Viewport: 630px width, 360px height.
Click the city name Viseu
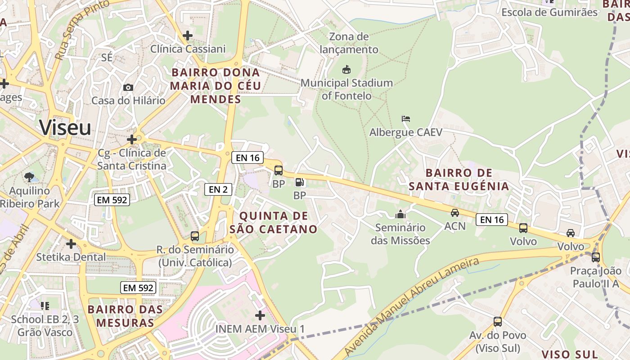click(x=65, y=128)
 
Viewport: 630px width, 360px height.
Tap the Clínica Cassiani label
click(x=188, y=49)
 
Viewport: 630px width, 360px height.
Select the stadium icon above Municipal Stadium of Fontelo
click(x=346, y=70)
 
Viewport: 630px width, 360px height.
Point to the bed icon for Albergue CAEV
click(x=406, y=119)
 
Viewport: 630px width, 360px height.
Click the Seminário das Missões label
click(x=400, y=234)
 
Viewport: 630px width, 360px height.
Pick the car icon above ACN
click(x=455, y=213)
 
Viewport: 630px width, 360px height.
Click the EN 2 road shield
click(x=218, y=189)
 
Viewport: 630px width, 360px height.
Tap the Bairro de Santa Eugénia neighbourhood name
click(x=459, y=180)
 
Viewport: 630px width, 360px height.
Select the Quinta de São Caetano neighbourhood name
click(x=274, y=222)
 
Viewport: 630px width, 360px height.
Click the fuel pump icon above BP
click(x=299, y=182)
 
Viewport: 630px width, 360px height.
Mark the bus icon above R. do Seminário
click(x=195, y=236)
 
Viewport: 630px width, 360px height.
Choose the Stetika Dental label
click(x=71, y=257)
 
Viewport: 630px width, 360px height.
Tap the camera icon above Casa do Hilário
click(x=128, y=87)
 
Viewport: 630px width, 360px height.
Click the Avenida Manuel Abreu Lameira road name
click(x=412, y=306)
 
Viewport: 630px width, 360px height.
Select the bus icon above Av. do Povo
click(x=498, y=322)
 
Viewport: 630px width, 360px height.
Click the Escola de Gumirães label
click(x=549, y=12)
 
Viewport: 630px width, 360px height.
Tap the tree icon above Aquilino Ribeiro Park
click(x=29, y=177)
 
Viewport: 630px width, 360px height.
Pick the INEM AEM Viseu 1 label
click(x=260, y=328)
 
